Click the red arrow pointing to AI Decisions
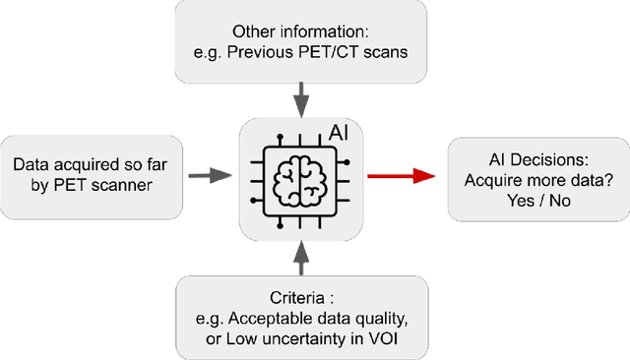click(x=403, y=176)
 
